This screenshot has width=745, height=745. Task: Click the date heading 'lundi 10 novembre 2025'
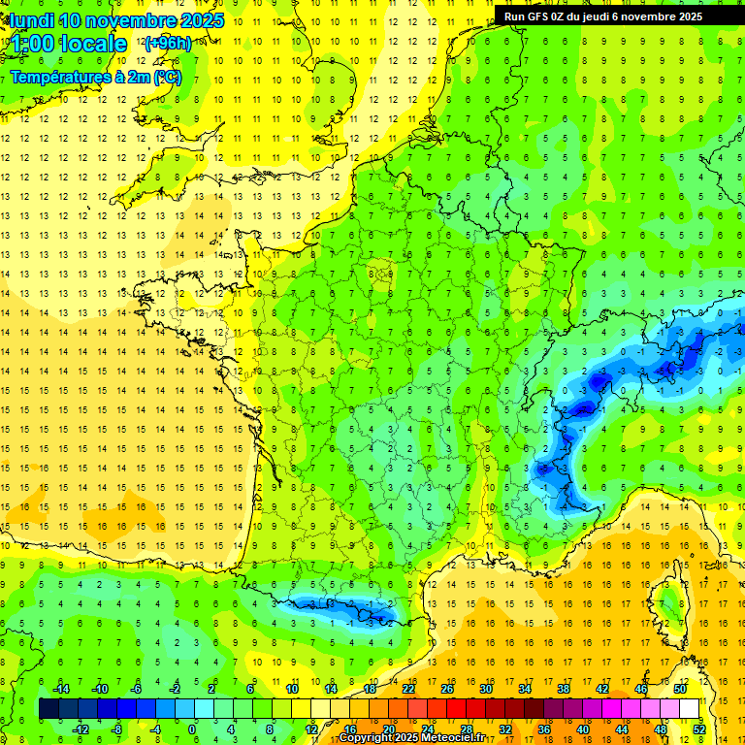click(114, 19)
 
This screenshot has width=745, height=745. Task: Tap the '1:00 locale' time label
click(66, 44)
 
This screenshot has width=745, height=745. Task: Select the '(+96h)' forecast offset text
click(169, 44)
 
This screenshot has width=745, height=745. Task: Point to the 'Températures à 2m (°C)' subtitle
click(96, 77)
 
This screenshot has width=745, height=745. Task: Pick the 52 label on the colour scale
click(698, 729)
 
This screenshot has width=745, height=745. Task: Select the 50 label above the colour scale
click(680, 689)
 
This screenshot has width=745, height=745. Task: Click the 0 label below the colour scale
click(192, 729)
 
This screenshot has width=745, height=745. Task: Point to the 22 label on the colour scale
click(408, 689)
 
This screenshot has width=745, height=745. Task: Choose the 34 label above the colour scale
click(525, 689)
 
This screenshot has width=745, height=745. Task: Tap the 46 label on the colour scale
click(641, 689)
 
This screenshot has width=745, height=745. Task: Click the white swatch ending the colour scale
click(689, 708)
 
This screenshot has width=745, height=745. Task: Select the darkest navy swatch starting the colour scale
click(49, 708)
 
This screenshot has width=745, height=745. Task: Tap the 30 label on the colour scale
click(486, 689)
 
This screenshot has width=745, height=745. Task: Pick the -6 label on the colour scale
click(137, 689)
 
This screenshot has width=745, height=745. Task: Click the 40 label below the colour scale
click(583, 729)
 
